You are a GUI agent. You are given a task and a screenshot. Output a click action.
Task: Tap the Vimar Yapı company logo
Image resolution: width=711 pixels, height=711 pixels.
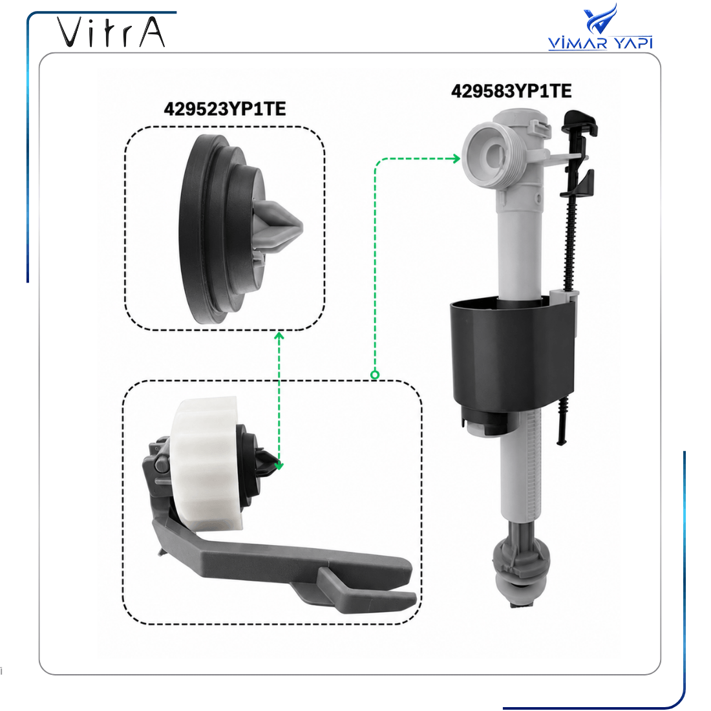pyautogui.click(x=600, y=27)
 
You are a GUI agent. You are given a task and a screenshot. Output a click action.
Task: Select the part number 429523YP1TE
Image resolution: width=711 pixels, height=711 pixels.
pyautogui.click(x=225, y=109)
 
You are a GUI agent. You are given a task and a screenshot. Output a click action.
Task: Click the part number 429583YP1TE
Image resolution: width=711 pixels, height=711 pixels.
pyautogui.click(x=511, y=91)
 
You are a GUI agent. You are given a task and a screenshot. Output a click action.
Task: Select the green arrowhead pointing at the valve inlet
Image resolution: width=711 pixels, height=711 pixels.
pyautogui.click(x=455, y=159)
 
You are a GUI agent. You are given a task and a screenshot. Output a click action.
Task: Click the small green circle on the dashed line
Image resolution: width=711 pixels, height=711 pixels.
pyautogui.click(x=375, y=375)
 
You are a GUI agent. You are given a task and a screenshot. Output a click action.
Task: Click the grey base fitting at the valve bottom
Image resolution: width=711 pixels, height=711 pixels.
pyautogui.click(x=522, y=571)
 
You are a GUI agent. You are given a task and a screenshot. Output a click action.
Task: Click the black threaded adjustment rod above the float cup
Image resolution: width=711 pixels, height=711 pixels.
pyautogui.click(x=570, y=236)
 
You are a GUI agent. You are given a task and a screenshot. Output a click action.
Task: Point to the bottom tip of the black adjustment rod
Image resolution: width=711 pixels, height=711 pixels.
pyautogui.click(x=560, y=441)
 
